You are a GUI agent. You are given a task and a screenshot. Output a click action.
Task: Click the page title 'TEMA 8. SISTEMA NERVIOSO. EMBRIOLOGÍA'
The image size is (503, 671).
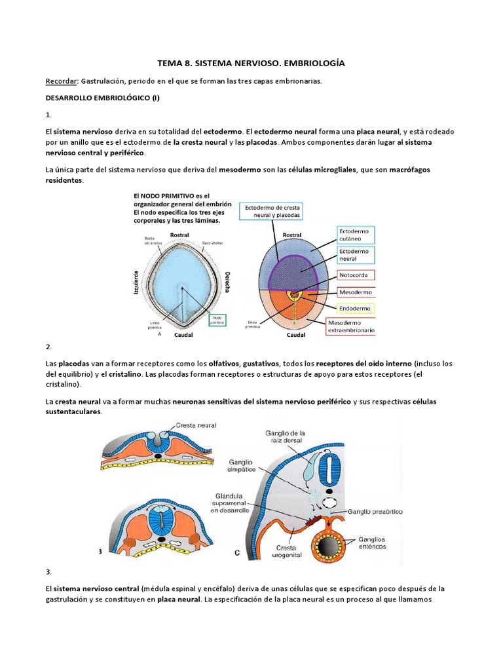click(251, 64)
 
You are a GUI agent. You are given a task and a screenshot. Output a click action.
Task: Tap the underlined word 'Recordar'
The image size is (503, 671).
click(61, 81)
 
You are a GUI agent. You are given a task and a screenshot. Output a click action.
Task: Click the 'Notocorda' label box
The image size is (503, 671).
click(355, 275)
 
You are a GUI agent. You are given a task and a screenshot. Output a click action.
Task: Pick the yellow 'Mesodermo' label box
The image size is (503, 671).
click(356, 292)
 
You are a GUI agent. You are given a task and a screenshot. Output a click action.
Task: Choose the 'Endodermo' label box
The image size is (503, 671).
click(355, 308)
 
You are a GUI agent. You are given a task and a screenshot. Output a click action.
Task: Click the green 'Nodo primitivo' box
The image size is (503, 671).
click(217, 320)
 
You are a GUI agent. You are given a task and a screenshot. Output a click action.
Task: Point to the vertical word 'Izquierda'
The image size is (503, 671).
click(136, 284)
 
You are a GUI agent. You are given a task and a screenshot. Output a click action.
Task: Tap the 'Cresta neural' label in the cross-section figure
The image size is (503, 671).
click(196, 425)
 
